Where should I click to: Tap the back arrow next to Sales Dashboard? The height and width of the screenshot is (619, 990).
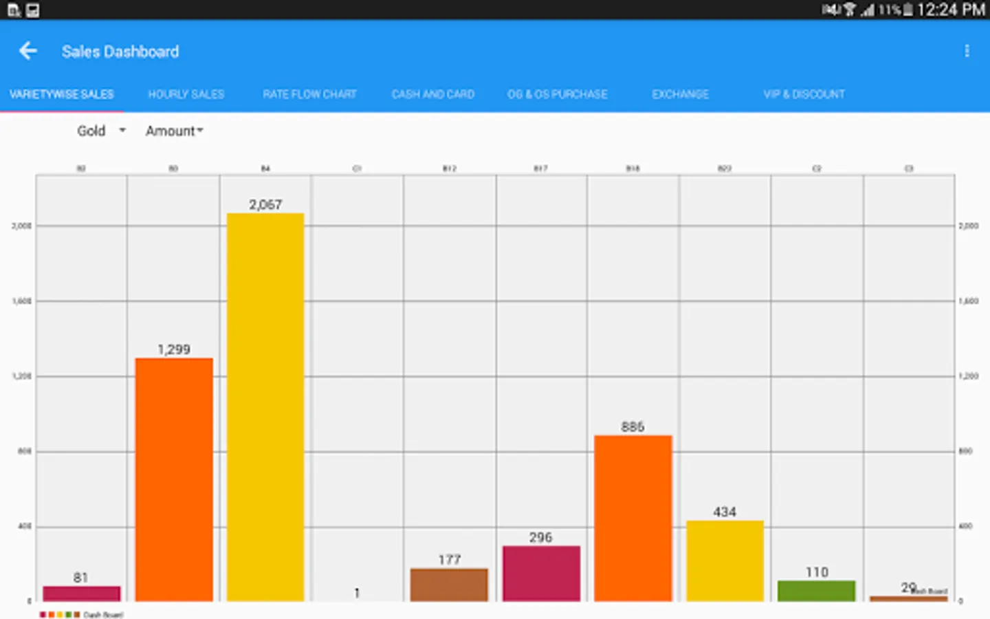(x=28, y=51)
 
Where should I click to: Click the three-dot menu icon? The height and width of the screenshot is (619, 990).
(x=967, y=51)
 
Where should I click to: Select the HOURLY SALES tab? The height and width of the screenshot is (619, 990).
(x=186, y=94)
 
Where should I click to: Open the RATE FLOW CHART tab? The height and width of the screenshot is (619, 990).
(x=309, y=94)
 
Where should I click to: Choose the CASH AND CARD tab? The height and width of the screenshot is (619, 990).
(x=433, y=94)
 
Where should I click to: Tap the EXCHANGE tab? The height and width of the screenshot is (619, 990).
(x=680, y=94)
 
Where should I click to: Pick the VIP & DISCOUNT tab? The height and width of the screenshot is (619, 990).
(x=804, y=94)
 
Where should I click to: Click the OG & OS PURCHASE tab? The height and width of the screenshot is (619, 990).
(x=558, y=94)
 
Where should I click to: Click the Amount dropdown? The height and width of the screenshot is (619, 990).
(x=174, y=131)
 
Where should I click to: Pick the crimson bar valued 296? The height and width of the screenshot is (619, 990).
(x=541, y=574)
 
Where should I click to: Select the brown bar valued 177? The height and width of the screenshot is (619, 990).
(x=449, y=585)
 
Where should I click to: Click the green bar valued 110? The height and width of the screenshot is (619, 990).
(x=816, y=591)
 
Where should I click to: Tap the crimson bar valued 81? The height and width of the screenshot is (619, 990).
(x=82, y=594)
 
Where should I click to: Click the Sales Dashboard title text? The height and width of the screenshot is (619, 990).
(x=120, y=52)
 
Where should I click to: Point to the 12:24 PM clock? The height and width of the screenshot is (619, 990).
(x=950, y=10)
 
